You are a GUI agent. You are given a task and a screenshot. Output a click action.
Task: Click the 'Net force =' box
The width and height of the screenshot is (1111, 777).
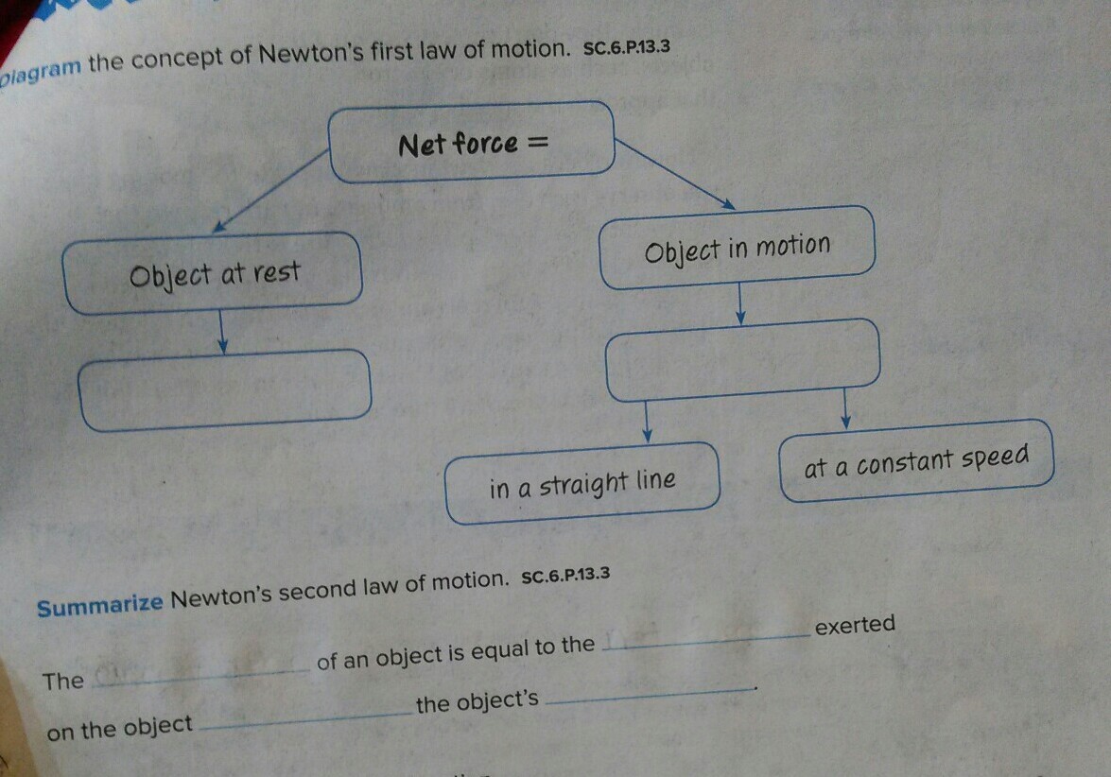click(x=472, y=142)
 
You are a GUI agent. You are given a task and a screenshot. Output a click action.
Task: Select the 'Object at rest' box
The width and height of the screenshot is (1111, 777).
click(x=213, y=273)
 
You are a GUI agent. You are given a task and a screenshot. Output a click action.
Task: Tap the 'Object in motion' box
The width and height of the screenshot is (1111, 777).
click(x=738, y=248)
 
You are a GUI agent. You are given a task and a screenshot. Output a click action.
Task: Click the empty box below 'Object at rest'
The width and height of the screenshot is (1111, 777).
click(x=225, y=389)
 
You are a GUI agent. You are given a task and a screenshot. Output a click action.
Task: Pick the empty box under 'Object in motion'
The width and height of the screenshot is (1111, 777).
click(x=742, y=359)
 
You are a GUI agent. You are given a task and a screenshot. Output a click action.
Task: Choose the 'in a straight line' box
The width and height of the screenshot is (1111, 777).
click(x=582, y=483)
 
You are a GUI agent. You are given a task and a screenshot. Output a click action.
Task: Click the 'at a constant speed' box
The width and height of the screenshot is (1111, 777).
click(x=915, y=460)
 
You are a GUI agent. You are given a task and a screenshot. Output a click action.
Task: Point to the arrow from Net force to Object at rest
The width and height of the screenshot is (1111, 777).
click(x=269, y=190)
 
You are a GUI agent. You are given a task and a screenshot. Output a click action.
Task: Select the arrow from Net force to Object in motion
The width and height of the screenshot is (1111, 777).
click(x=674, y=173)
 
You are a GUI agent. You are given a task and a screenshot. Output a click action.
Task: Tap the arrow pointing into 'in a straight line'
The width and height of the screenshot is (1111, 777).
click(x=647, y=421)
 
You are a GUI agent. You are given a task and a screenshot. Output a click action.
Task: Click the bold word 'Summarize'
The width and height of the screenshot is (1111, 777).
click(x=100, y=603)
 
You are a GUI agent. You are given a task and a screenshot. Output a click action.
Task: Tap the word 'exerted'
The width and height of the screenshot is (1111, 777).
click(x=854, y=625)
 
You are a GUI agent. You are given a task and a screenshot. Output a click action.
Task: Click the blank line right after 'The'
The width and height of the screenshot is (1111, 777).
click(x=203, y=673)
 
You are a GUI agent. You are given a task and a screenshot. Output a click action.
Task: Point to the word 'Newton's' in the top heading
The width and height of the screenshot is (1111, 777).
click(x=312, y=55)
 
